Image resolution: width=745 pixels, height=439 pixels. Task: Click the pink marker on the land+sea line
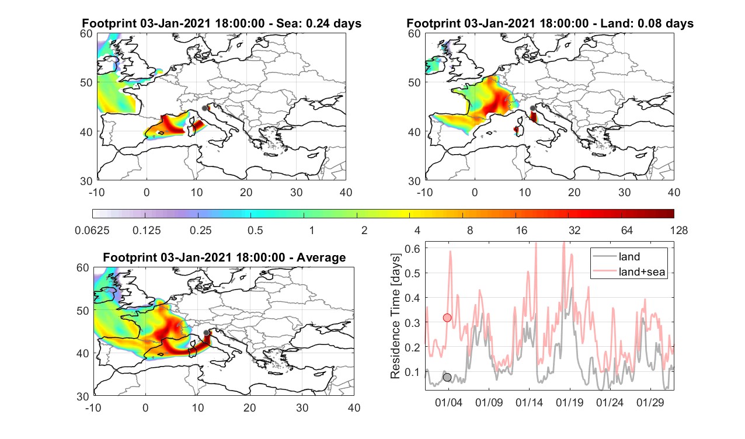coord(447,318)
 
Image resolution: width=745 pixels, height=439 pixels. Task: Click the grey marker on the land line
coord(447,377)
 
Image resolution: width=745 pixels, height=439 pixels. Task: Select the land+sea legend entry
coord(642,271)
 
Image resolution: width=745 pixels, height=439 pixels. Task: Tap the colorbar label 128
coord(679,230)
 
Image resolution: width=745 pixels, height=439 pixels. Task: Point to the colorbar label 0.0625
coord(92,230)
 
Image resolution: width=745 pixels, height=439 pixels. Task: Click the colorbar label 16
coord(521,230)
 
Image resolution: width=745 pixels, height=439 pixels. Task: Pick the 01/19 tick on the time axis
coord(569,402)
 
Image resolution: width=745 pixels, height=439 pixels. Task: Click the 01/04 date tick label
coord(448,402)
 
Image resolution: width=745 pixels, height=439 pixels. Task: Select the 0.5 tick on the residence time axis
coord(412,273)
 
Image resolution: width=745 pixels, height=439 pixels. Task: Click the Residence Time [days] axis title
coord(395,316)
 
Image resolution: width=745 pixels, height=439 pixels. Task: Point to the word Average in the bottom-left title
coord(321,257)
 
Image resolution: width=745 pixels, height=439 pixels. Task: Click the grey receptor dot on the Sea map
coord(204,108)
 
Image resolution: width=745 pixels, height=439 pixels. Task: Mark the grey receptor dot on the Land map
coord(532,108)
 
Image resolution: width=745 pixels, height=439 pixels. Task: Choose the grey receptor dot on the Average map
coord(206,333)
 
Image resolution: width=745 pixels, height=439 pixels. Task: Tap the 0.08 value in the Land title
coord(648,23)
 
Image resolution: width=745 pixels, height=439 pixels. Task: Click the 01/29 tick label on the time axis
coord(650,402)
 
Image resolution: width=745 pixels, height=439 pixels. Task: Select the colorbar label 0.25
coord(200,230)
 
